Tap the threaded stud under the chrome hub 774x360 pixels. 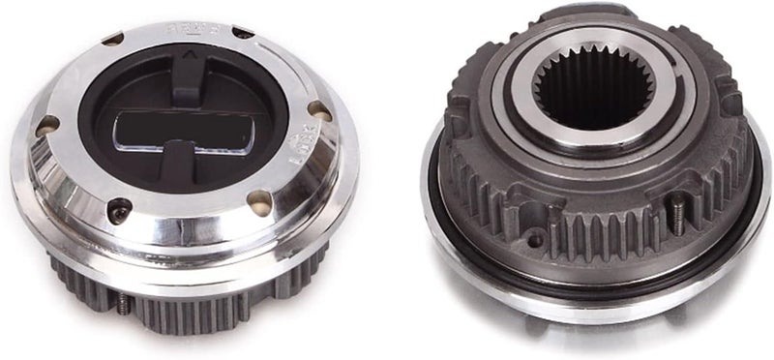124,304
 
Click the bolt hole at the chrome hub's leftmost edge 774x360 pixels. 45,125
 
